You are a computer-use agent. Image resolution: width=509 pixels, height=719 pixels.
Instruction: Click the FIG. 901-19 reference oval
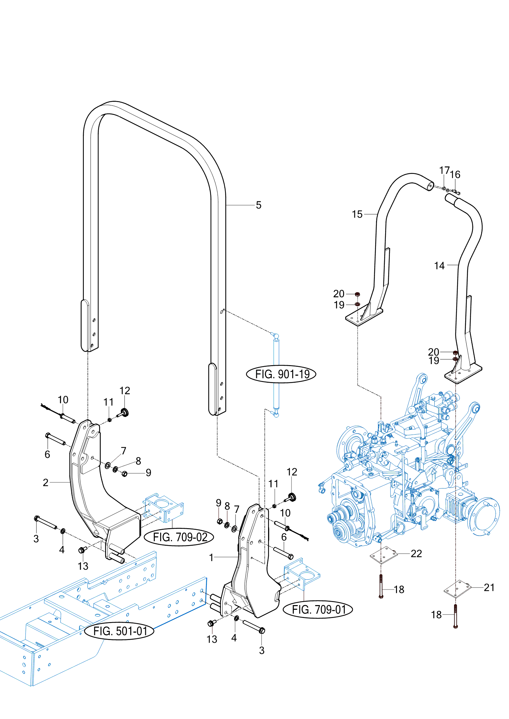(x=281, y=374)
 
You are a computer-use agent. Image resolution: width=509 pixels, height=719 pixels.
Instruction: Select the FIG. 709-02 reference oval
(x=179, y=537)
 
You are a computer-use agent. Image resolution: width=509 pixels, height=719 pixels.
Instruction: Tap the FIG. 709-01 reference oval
(x=318, y=610)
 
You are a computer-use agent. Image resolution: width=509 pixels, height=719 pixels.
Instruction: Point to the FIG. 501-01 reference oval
(x=119, y=631)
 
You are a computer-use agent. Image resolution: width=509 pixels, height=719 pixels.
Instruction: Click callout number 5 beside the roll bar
(x=259, y=205)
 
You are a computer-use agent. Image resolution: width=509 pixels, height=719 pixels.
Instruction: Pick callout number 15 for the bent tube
(x=357, y=214)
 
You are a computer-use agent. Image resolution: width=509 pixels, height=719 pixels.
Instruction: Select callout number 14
(x=439, y=265)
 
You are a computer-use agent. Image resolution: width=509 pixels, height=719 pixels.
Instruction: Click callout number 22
(x=416, y=554)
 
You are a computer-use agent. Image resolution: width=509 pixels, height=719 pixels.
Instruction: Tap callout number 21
(x=489, y=587)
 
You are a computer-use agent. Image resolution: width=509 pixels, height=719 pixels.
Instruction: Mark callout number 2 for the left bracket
(x=46, y=482)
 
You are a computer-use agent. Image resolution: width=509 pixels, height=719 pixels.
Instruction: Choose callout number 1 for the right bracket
(x=211, y=558)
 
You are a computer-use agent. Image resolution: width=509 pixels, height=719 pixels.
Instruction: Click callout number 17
(x=444, y=170)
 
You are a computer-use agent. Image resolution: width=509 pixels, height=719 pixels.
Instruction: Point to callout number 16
(x=455, y=175)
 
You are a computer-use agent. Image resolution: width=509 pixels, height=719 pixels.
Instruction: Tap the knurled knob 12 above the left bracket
(x=125, y=413)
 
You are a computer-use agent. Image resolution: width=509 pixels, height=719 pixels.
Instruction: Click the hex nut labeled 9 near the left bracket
(x=125, y=474)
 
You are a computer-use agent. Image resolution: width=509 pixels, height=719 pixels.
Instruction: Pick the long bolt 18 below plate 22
(x=381, y=586)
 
